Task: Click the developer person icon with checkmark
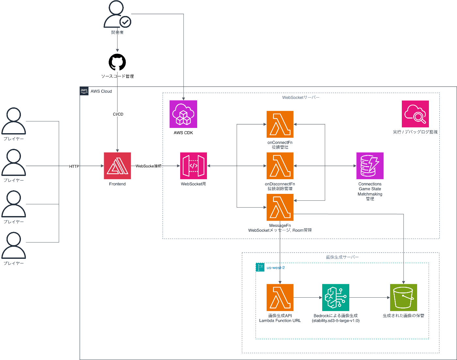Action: (117, 14)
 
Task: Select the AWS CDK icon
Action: (183, 114)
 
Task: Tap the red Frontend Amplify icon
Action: (117, 166)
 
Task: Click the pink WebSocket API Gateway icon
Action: (193, 166)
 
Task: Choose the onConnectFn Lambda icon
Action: (280, 124)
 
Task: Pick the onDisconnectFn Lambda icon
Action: (280, 166)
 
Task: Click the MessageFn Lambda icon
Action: (280, 207)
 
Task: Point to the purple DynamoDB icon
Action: (370, 166)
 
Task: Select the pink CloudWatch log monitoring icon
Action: (415, 114)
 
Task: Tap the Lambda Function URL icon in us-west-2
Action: (280, 297)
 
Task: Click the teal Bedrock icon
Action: (336, 297)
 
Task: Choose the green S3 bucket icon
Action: (403, 297)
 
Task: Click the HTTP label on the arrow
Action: (74, 166)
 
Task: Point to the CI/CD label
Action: (118, 114)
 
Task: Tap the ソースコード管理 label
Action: (117, 76)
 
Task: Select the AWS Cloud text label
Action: (101, 91)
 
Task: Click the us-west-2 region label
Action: (276, 268)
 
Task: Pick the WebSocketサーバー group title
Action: (301, 98)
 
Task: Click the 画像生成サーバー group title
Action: (342, 257)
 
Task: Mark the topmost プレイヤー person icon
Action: (14, 121)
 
